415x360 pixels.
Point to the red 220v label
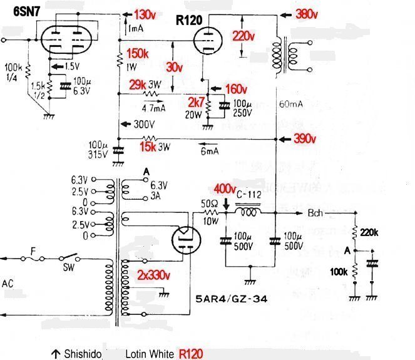(x=245, y=36)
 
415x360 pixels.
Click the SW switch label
(x=68, y=271)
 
